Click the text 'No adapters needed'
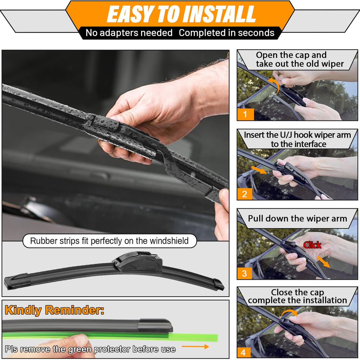coord(129,33)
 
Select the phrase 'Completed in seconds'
coord(226,33)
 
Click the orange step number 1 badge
coord(245,114)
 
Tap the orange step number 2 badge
coord(245,194)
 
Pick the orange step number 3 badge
coord(244,273)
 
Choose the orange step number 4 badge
coord(243,352)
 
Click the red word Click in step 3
coord(312,245)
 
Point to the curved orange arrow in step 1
coord(276,84)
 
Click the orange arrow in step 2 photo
coord(259,170)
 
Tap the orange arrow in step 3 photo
coord(324,262)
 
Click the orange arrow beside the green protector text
coord(195,346)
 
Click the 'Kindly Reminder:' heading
coord(54,310)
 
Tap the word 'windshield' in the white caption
coord(169,241)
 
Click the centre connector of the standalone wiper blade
coord(138,262)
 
